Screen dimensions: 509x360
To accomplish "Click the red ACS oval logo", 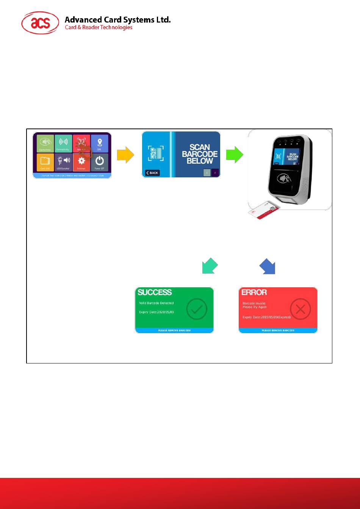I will pos(40,23).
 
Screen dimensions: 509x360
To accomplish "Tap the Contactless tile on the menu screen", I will pos(45,144).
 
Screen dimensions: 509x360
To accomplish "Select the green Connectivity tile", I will pos(63,144).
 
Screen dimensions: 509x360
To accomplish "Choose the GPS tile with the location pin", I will pos(99,144).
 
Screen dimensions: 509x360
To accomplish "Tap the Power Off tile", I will pos(99,162).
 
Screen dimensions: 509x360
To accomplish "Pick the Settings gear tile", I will pos(81,162).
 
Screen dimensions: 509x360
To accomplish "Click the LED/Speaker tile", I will pos(63,162).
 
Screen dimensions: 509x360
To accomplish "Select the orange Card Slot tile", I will pos(45,162).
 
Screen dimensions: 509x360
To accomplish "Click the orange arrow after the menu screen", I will pos(125,155).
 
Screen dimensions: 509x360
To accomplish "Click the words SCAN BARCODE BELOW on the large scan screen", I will pos(200,153).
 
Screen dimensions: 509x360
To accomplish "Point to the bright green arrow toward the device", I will pos(235,155).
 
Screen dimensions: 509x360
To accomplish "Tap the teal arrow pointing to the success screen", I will pos(210,266).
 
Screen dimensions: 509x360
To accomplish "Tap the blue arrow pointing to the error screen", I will pos(267,266).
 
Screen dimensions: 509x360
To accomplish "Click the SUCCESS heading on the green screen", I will pos(155,292).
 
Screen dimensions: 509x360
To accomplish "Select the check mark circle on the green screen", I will pos(197,309).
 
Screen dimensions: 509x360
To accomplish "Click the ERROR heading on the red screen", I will pos(254,292).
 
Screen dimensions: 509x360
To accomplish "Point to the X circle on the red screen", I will pos(300,309).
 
